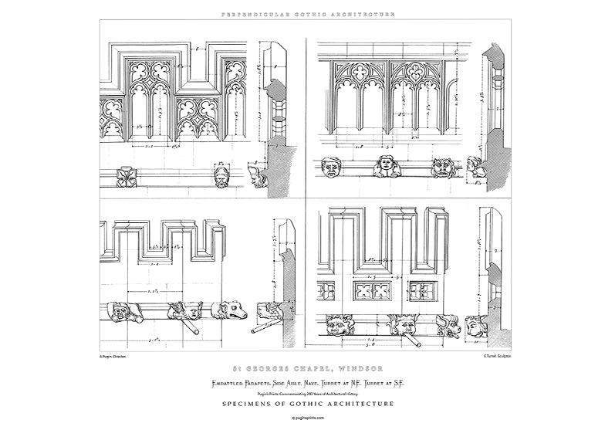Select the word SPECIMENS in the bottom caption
[249, 403]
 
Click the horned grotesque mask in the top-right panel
[442, 168]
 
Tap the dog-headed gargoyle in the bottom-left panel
[233, 312]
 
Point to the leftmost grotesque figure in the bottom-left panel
[122, 313]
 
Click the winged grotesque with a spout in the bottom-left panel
[183, 313]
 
